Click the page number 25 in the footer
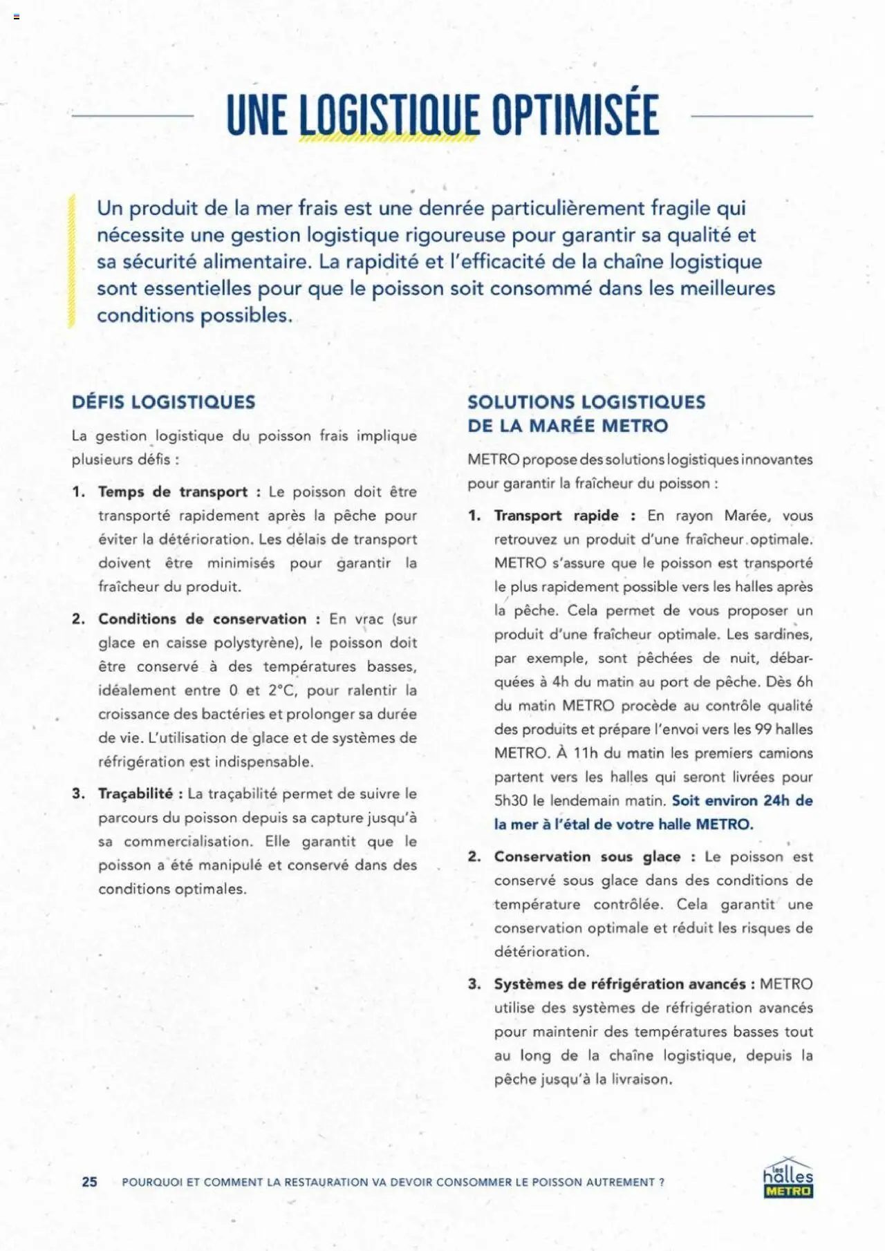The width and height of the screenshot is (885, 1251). (x=90, y=1182)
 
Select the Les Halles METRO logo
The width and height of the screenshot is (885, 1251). (x=788, y=1178)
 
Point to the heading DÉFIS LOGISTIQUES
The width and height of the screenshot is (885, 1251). (x=164, y=402)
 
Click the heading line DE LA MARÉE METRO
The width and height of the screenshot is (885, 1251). (x=568, y=426)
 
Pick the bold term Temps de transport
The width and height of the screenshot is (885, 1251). (x=173, y=492)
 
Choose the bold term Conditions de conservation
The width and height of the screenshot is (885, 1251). (x=202, y=619)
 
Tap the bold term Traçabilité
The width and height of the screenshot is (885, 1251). (x=136, y=794)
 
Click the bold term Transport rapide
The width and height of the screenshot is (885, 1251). (x=556, y=516)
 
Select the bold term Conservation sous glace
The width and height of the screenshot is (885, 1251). (x=587, y=857)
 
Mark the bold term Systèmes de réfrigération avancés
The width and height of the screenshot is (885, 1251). (x=619, y=984)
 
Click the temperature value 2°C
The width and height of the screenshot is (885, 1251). (x=282, y=690)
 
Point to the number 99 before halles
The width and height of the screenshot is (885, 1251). (x=763, y=730)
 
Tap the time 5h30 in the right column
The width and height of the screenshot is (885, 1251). (x=510, y=801)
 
